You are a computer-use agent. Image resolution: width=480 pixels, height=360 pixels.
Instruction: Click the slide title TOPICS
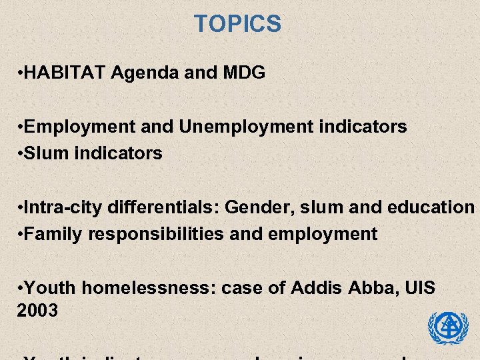point(237,25)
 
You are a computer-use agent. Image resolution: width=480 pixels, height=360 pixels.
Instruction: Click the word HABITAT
point(66,73)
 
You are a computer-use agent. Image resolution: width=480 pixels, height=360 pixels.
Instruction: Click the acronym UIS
point(420,288)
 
